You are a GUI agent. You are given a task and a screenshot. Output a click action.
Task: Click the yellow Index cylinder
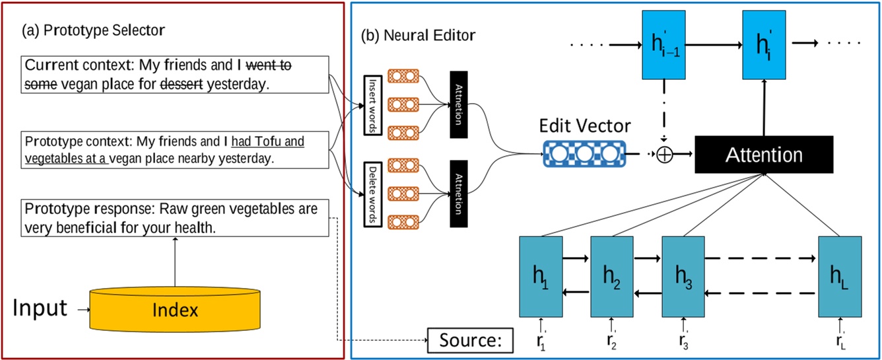click(x=175, y=309)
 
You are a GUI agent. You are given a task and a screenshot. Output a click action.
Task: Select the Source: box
click(x=469, y=340)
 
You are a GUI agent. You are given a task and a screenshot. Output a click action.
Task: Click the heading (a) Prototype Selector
click(x=93, y=30)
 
